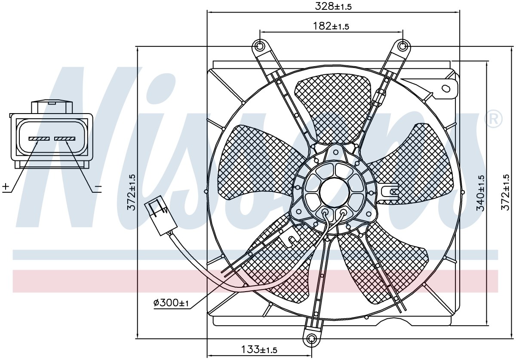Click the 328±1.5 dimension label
pos(333,6)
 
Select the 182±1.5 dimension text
pos(331,26)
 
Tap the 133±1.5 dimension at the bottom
pos(259,350)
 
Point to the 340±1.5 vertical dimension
pos(481,193)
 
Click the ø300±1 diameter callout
pos(171,303)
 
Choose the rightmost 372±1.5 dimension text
pos(506,193)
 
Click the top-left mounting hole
pos(260,46)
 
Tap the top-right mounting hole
pos(402,46)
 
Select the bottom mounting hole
pos(311,339)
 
